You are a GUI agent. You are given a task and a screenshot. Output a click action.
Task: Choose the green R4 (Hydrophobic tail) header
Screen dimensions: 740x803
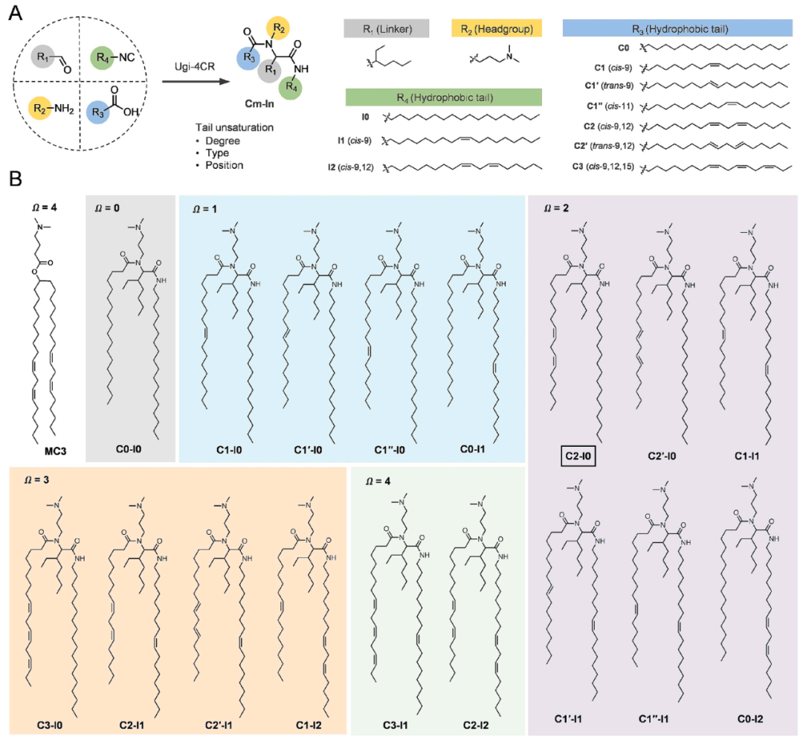[443, 97]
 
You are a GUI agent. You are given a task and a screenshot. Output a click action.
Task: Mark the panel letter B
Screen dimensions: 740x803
[13, 179]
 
